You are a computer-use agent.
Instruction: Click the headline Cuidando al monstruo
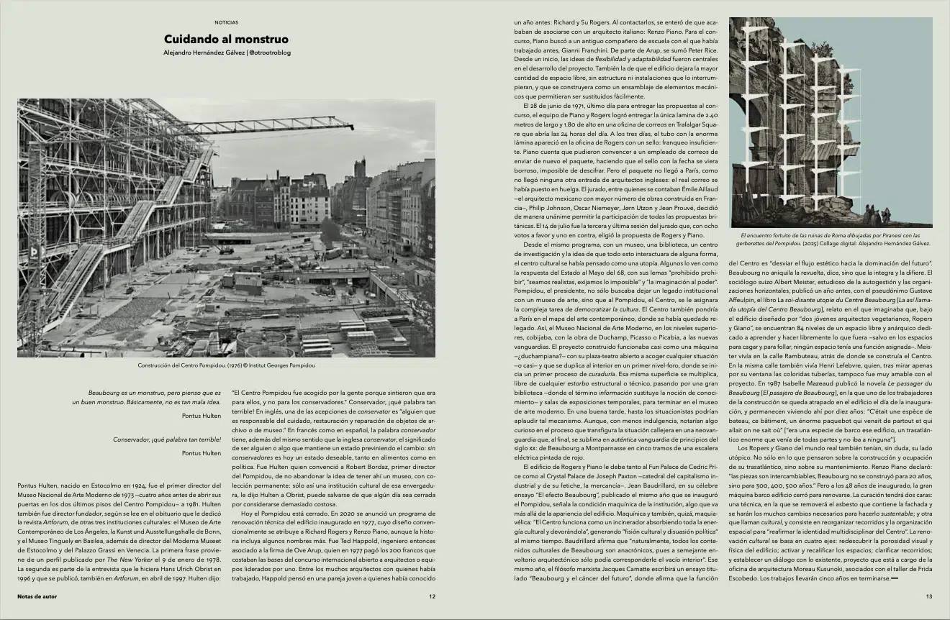point(226,39)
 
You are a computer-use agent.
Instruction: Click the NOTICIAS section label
point(226,22)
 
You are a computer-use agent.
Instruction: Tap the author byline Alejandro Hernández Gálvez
point(203,53)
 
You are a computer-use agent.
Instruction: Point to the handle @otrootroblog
point(269,53)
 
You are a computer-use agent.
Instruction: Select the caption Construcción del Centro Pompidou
point(226,365)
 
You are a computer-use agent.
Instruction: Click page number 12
point(432,596)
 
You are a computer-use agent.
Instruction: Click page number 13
point(928,596)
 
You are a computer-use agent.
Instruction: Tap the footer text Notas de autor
point(37,596)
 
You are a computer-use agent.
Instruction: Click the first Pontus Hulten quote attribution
point(202,416)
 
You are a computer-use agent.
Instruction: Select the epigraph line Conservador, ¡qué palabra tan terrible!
point(167,439)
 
